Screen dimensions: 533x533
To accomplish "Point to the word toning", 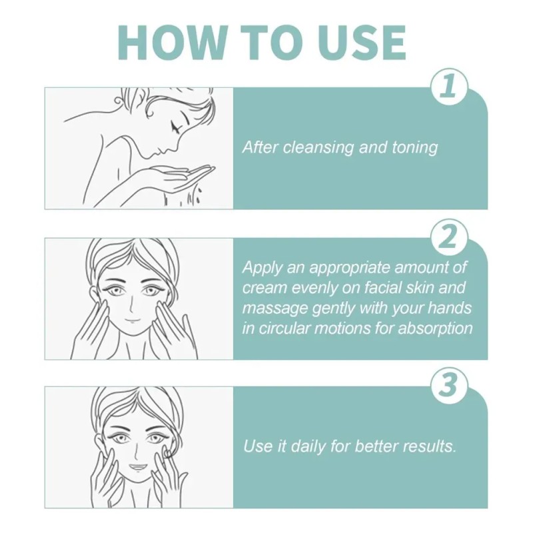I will (416, 147).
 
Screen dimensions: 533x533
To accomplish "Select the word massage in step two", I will (270, 308).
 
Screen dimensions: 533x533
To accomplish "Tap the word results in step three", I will (430, 446).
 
